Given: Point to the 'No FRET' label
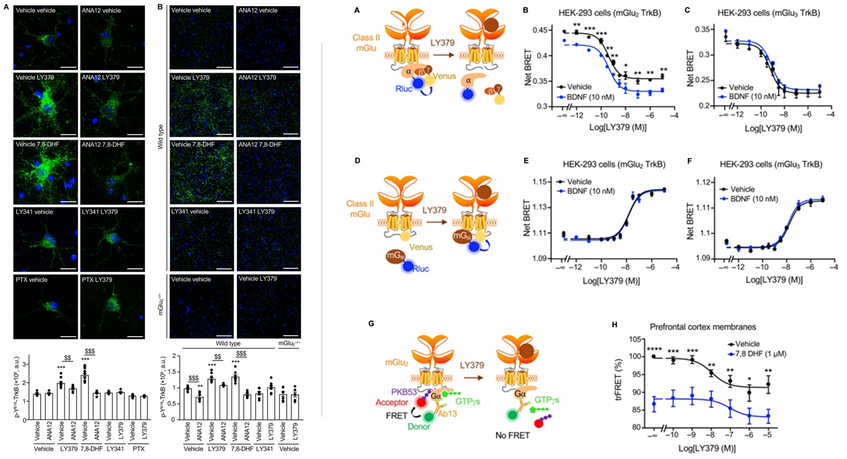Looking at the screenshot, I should coord(512,435).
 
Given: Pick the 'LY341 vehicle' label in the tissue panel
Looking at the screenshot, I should coord(190,212).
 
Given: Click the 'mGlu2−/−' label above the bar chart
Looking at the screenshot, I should coord(288,343).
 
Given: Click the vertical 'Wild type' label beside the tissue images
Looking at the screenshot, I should coord(160,137).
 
